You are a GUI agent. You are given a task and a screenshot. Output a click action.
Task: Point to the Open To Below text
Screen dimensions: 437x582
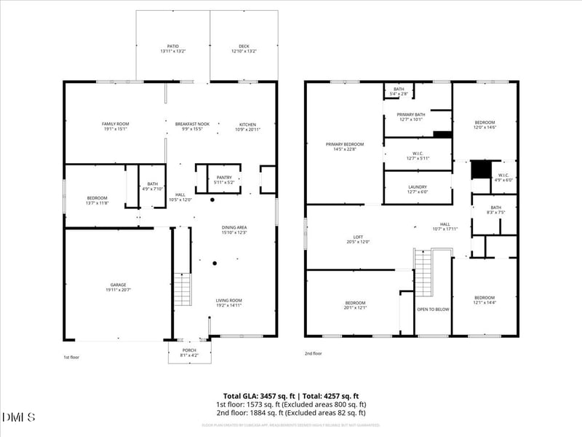click(x=433, y=309)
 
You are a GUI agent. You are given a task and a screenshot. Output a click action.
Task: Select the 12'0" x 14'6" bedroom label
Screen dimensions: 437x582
click(x=485, y=125)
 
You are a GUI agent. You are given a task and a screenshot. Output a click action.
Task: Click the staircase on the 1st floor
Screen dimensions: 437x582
click(x=183, y=289)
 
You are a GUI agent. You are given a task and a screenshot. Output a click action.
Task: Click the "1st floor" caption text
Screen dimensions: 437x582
click(x=71, y=358)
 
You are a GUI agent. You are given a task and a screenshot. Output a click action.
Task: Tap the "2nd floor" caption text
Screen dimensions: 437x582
click(x=313, y=354)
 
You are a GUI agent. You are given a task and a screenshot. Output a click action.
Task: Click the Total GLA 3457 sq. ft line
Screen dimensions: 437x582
click(x=291, y=396)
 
